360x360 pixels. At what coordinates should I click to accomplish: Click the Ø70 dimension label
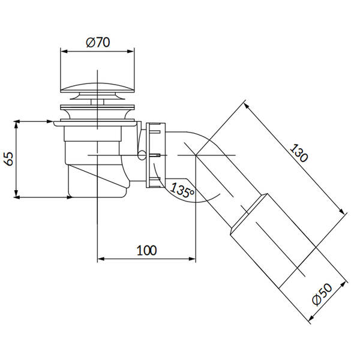[x=98, y=43]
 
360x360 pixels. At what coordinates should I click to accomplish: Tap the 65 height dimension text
[x=10, y=158]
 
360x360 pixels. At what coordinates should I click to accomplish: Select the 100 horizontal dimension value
[x=147, y=250]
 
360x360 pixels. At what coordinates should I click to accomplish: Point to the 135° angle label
[x=182, y=190]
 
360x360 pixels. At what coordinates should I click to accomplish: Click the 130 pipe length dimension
[x=298, y=153]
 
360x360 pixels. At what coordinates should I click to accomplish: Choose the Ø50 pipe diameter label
[x=322, y=295]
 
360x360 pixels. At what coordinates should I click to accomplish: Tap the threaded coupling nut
[x=155, y=155]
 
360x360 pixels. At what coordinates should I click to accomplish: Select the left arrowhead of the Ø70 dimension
[x=64, y=52]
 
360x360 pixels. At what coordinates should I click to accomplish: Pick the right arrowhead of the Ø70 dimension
[x=131, y=52]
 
